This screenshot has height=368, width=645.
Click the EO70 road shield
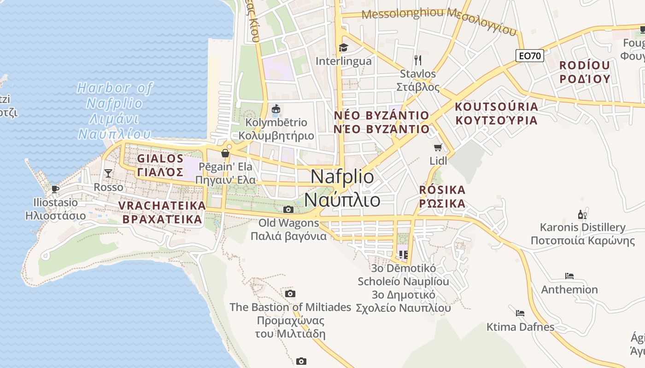529,56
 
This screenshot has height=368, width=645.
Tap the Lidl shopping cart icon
438,148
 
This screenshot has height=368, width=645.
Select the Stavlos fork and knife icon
418,60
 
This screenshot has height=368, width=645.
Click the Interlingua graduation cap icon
343,47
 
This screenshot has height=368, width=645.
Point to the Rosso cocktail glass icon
108,173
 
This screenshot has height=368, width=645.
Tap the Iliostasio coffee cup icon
55,189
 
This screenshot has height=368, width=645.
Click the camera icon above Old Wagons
288,210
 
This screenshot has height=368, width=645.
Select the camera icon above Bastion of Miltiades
290,294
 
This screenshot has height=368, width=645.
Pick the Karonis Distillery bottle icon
582,214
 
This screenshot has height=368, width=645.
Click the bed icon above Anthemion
569,276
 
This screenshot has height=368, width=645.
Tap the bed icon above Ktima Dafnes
520,313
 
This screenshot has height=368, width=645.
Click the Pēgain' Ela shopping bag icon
225,153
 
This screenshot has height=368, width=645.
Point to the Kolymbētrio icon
276,109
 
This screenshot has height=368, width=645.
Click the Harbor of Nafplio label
115,110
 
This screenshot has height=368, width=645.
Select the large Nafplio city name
343,189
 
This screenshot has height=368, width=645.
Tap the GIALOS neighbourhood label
160,165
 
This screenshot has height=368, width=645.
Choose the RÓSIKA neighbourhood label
442,196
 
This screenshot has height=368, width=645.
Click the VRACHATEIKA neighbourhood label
162,212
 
